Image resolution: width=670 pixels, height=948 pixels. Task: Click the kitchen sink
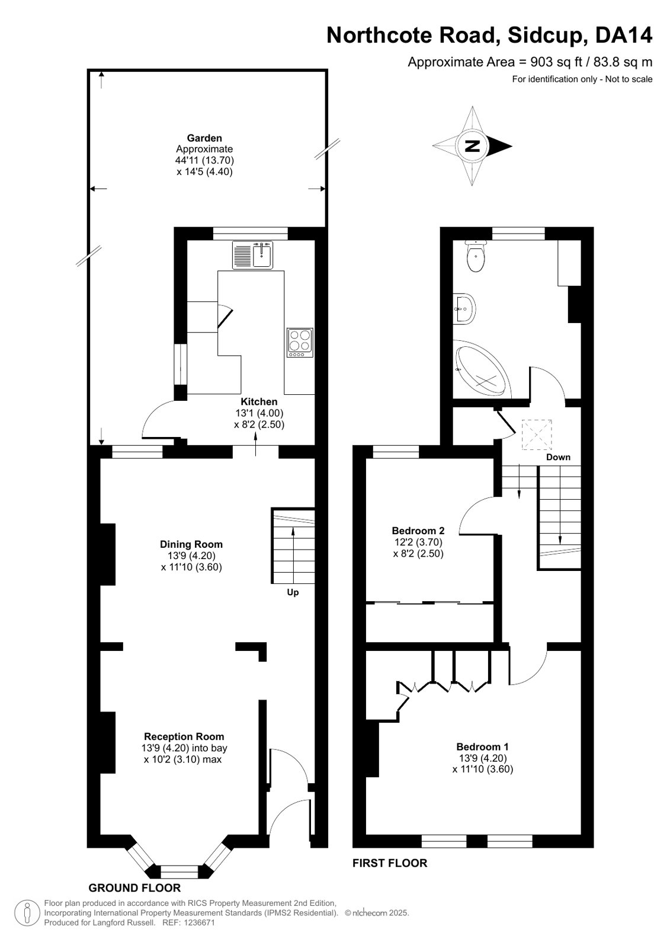(252, 255)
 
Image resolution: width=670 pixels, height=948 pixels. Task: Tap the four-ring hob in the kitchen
(300, 342)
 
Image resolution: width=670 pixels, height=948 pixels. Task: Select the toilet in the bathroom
(476, 256)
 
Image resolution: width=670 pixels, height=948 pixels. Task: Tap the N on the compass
(473, 146)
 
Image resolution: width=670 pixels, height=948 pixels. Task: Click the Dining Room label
(191, 544)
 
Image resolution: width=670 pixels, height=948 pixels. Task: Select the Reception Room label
(184, 736)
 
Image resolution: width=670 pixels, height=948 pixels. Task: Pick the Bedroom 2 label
(418, 530)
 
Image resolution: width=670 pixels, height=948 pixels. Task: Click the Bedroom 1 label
(483, 746)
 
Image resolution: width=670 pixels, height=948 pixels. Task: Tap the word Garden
(204, 138)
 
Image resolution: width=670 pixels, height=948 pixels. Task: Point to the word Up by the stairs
(293, 592)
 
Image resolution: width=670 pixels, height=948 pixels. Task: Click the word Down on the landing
(558, 457)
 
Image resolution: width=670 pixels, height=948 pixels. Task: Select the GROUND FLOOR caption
(134, 888)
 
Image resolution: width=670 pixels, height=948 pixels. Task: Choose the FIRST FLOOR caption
(390, 863)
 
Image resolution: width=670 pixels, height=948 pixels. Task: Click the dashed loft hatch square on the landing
(537, 434)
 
